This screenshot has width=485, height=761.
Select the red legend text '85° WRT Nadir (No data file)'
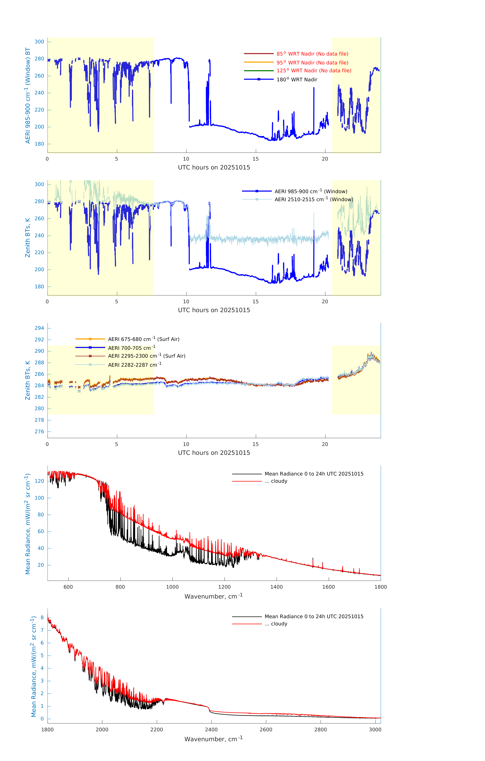coord(312,54)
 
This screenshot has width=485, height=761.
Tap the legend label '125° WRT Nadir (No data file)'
coord(314,71)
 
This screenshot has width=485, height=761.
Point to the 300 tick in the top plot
coord(39,42)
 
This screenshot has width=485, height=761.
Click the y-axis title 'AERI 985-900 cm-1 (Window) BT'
coord(28,95)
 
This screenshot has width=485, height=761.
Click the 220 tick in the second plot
coord(39,253)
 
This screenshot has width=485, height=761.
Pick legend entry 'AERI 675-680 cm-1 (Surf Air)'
coord(143,339)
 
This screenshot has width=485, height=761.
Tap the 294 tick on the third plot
coord(39,328)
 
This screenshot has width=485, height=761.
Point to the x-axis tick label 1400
coord(276,587)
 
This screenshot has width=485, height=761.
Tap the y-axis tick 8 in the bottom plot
coord(42,618)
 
